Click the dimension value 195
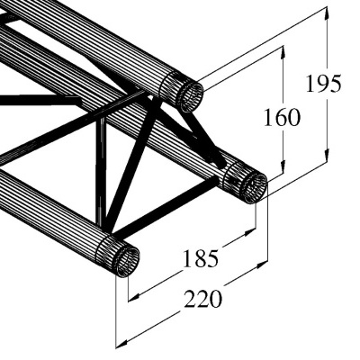tap(322, 84)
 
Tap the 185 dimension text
tap(200, 259)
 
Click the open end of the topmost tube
tap(188, 94)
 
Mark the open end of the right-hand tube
tap(246, 184)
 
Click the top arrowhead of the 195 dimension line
tap(323, 12)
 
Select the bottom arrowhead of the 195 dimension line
tap(323, 168)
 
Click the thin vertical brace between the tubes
tap(102, 171)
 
